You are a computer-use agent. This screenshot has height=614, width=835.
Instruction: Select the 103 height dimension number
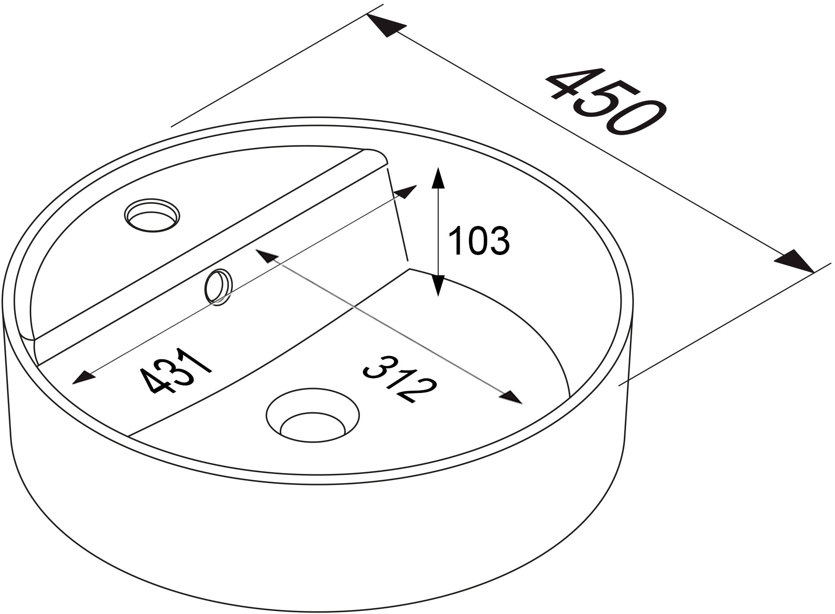coord(479,241)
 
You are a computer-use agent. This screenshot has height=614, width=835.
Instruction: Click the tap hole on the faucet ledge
coord(152,215)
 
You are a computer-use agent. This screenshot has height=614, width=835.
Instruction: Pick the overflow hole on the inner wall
coord(218,287)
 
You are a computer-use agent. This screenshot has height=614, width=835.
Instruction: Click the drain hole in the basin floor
coord(313,415)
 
